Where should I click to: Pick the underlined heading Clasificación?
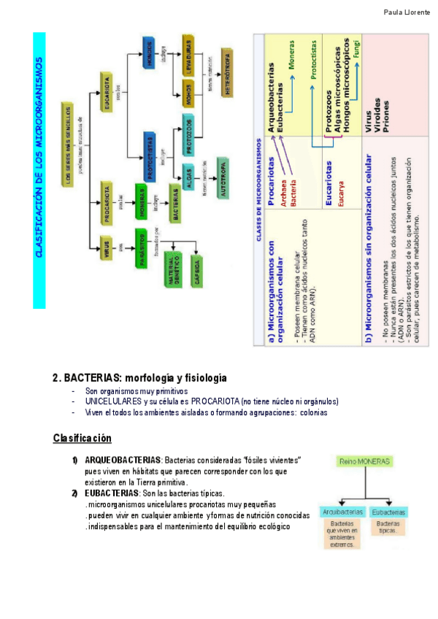(82, 438)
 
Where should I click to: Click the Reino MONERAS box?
(364, 461)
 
